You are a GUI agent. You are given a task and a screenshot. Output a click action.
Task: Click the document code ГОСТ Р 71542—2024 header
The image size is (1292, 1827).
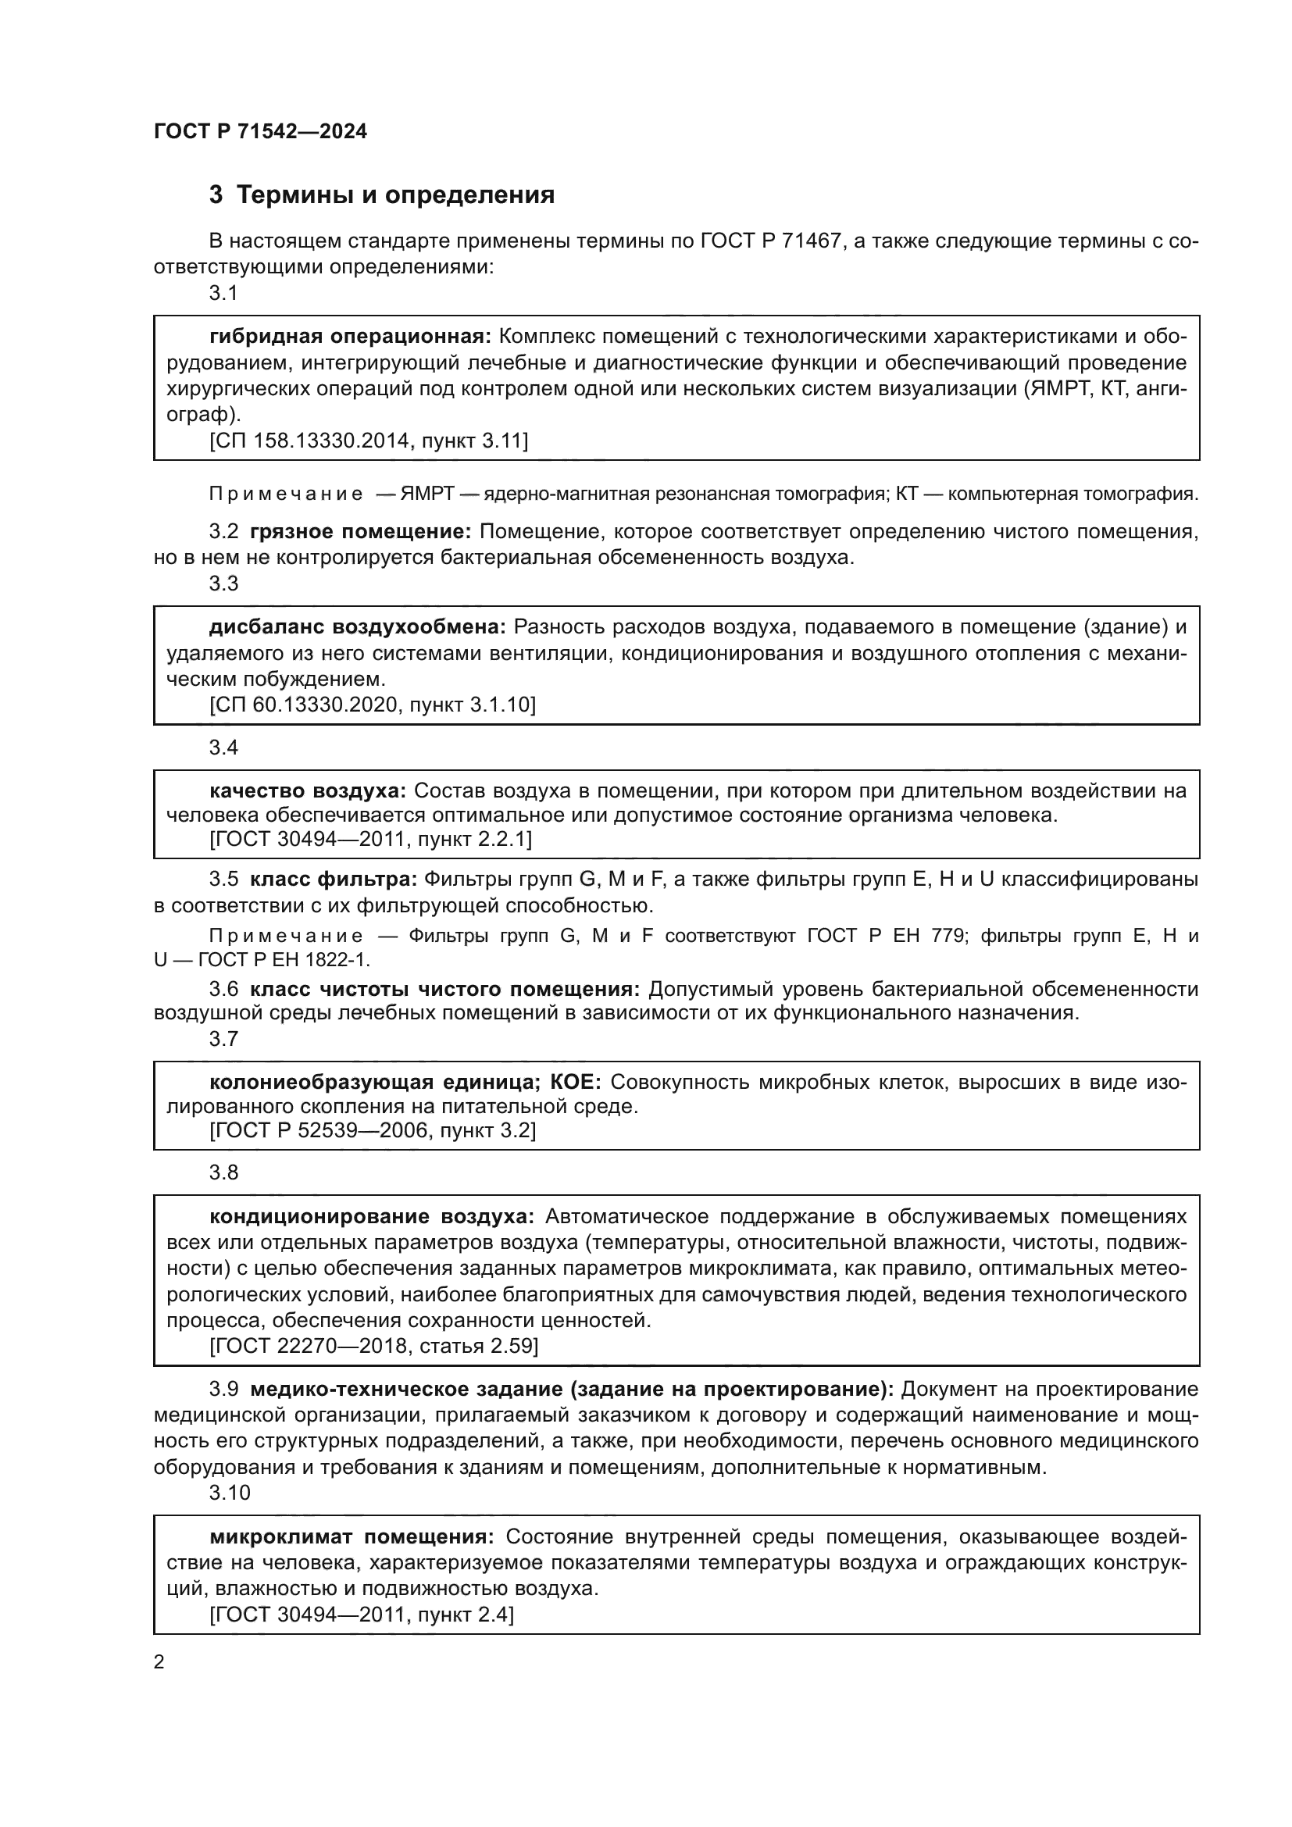pos(260,131)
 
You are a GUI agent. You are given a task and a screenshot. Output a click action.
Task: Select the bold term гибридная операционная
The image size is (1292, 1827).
pos(350,337)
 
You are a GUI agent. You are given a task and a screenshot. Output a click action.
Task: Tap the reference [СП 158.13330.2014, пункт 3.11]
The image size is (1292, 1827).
pos(369,440)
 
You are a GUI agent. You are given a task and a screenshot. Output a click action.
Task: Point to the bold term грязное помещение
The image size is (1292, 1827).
pos(360,532)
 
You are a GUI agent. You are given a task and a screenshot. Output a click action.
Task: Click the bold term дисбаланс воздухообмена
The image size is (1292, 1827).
pos(357,627)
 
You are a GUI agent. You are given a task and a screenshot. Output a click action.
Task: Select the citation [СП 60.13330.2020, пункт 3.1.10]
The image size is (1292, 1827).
pos(373,705)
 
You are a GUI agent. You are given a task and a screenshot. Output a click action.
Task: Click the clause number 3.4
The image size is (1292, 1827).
pos(223,748)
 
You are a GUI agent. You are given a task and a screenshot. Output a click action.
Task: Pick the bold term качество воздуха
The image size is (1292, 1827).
pos(307,790)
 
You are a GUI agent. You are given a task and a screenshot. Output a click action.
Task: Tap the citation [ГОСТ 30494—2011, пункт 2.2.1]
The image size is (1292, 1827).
pos(370,839)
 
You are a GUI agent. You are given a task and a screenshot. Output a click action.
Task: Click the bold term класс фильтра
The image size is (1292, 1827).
pos(334,880)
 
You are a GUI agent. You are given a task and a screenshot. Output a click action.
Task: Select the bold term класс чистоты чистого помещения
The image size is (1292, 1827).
pos(444,989)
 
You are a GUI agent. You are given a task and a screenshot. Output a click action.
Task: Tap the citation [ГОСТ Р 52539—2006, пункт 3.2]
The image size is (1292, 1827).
pos(373,1130)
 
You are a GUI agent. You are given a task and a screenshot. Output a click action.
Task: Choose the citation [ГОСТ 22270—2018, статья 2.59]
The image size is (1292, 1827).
pos(374,1347)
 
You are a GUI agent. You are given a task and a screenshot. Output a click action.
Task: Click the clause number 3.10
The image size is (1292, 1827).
pos(229,1493)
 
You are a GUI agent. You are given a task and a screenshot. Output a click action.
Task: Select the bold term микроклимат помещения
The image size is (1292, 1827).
pos(352,1536)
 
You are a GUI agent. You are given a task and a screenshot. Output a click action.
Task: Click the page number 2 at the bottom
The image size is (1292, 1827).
pos(159,1662)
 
